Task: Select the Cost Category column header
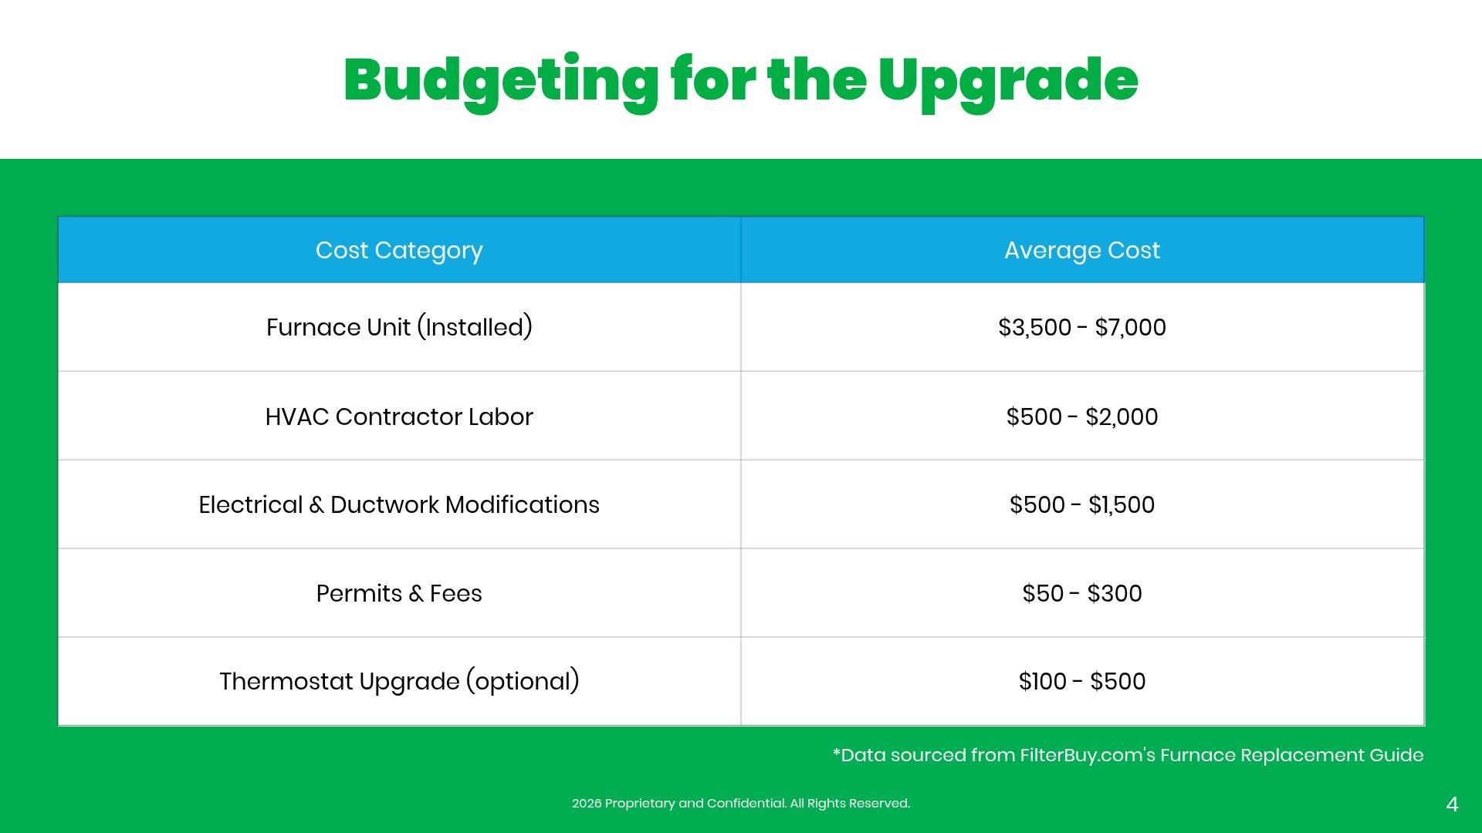click(399, 251)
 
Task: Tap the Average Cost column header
click(1082, 251)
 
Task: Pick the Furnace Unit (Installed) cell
click(399, 327)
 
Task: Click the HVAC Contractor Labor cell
click(399, 416)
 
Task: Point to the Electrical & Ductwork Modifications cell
click(399, 504)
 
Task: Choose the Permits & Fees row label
click(399, 593)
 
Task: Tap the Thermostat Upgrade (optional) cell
click(399, 681)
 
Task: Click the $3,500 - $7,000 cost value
click(1082, 327)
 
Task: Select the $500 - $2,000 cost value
click(1082, 416)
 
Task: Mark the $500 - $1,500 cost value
click(1082, 504)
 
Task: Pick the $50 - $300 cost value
click(1082, 593)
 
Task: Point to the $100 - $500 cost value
click(1082, 681)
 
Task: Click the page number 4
click(1452, 804)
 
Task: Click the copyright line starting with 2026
click(741, 803)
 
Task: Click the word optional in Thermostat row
click(523, 682)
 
